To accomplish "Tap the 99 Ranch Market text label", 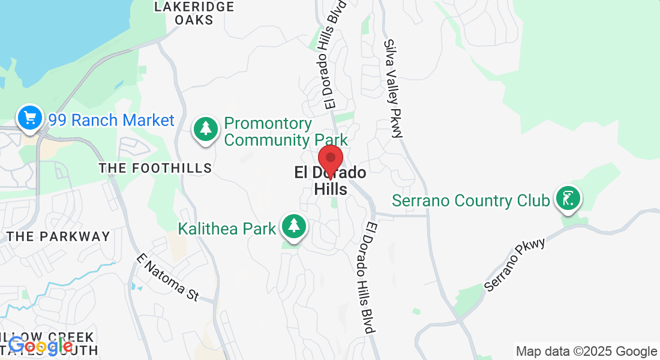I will coord(112,120).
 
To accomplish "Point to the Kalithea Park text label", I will coord(227,229).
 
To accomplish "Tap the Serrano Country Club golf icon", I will coord(568,199).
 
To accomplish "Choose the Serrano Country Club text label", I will coord(471,200).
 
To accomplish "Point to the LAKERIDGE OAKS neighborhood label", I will coord(193,13).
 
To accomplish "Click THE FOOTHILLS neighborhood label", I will coord(155,168).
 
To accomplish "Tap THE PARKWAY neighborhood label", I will coord(59,236).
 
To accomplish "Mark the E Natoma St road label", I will coord(167,277).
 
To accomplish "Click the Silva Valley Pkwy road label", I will coord(393,89).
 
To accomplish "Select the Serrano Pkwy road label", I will coord(514,265).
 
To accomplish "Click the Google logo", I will coord(41,346).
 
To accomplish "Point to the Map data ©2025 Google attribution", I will coord(586,352).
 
